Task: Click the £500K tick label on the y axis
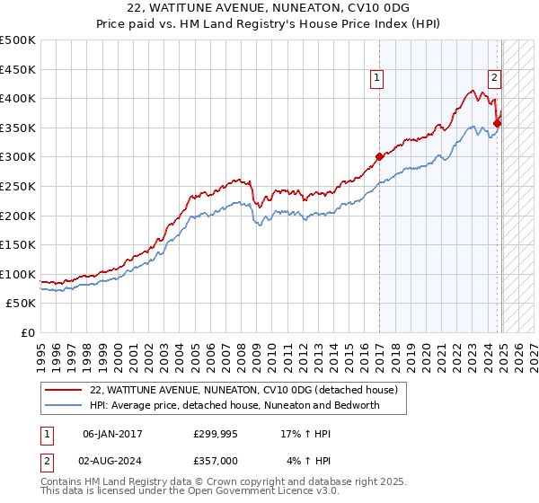18,40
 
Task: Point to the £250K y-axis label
18,186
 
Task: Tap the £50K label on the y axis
22,304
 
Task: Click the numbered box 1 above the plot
377,78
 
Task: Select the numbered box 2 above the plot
494,78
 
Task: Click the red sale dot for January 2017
379,156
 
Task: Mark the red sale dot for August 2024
497,123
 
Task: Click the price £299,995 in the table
215,433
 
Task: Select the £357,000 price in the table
215,460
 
